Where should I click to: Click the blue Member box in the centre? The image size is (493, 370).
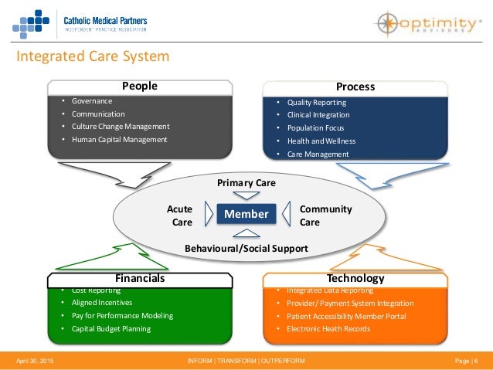tap(246, 214)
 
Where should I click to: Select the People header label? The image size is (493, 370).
tap(140, 86)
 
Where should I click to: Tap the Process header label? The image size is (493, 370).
tap(355, 87)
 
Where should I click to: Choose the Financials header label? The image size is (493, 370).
tap(140, 278)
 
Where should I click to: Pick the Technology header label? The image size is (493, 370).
tap(355, 278)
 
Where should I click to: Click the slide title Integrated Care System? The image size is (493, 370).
tap(93, 57)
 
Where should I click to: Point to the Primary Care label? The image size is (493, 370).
tap(246, 183)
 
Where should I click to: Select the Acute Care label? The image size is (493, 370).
tap(179, 216)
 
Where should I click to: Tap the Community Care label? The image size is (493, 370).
tap(325, 216)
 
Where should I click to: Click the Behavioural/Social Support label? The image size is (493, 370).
tap(246, 248)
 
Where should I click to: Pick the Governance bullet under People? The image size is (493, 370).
tap(92, 101)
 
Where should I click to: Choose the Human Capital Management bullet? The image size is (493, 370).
tap(119, 140)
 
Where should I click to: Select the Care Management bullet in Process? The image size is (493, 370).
tap(318, 154)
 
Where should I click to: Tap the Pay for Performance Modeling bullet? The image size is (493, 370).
tap(122, 316)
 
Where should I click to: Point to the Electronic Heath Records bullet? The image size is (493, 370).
tap(328, 329)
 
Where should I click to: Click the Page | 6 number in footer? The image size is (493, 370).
tap(465, 362)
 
